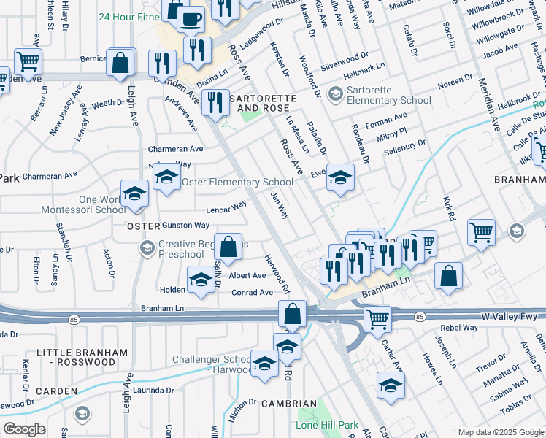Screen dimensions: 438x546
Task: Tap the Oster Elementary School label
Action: point(237,182)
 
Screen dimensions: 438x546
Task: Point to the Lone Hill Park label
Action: point(327,425)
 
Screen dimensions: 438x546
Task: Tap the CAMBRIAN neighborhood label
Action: point(290,404)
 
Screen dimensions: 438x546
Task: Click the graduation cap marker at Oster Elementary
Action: point(166,177)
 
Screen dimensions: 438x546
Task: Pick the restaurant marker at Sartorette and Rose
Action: point(214,101)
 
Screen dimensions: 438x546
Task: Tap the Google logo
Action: point(24,429)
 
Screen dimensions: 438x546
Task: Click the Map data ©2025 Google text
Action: point(501,432)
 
